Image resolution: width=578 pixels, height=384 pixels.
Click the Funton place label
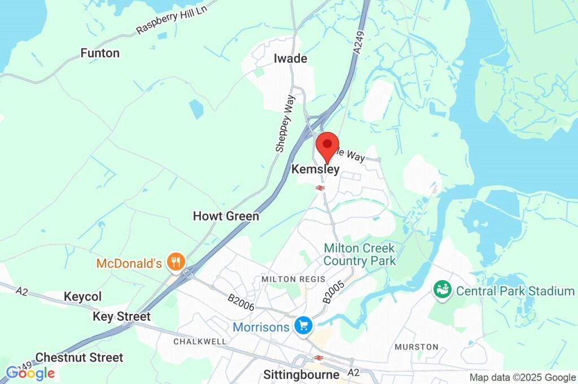100,53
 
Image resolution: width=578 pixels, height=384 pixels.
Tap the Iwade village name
290,59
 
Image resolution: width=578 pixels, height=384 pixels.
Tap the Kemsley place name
316,169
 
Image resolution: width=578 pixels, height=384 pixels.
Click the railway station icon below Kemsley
319,187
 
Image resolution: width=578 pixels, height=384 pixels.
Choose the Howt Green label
226,216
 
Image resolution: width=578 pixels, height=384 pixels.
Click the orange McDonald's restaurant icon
177,262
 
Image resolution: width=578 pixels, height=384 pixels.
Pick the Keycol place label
82,296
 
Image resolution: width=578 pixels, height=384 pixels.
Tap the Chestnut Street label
79,357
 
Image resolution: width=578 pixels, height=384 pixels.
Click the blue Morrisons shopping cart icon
304,326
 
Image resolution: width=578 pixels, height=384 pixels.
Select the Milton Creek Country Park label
360,255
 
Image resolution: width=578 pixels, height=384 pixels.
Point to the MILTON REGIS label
286,280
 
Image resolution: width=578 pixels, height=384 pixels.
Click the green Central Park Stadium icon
441,291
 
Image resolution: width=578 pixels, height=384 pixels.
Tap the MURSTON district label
417,346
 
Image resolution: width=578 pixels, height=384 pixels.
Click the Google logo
30,373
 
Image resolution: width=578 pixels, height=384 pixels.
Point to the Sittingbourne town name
301,374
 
